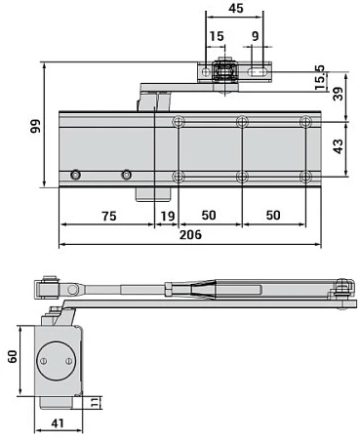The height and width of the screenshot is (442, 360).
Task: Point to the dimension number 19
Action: tap(167, 215)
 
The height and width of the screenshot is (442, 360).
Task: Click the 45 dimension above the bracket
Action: tap(234, 9)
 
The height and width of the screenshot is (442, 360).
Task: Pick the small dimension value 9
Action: tap(255, 37)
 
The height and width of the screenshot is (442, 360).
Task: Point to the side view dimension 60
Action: tap(14, 358)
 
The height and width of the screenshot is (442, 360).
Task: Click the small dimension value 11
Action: tap(95, 401)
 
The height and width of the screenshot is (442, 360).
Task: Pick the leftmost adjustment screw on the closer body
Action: tap(75, 176)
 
